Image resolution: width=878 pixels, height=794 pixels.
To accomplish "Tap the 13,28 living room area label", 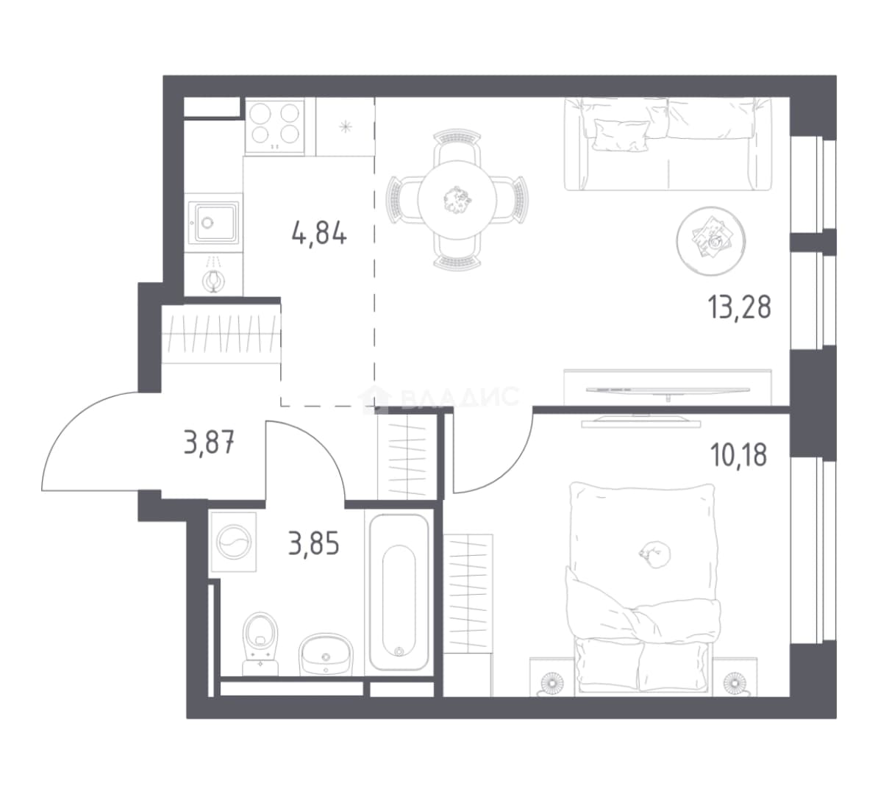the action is pos(740,307).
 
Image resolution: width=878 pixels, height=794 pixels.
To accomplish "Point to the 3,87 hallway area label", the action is pos(209,443).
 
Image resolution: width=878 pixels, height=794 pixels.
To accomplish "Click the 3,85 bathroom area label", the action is pos(313,543).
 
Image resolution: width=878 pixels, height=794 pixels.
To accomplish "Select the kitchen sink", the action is pos(213,223).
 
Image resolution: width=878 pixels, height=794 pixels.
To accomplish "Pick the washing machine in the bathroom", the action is pos(234,542).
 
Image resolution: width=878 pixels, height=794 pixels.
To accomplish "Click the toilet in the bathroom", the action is pos(260,643).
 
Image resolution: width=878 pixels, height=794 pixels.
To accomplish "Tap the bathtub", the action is pos(399,593).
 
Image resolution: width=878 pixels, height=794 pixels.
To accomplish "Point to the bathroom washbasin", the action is pos(326,654).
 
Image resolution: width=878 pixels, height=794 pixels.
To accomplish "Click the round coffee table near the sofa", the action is pos(711,241).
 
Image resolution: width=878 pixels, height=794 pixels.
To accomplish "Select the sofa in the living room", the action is pos(668,144).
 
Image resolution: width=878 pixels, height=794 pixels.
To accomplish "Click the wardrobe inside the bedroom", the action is pos(468,615).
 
